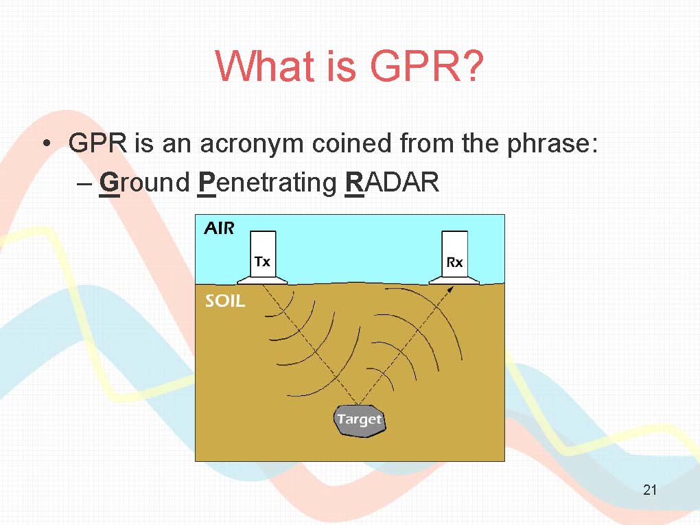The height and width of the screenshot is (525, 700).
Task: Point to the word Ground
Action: (145, 182)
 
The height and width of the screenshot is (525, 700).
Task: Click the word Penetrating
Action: (268, 183)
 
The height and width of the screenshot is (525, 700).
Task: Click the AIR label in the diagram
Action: (219, 228)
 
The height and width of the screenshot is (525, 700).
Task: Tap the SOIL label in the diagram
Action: (225, 301)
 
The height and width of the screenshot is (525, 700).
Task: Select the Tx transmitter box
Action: (262, 254)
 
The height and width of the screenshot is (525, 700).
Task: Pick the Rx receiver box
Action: (454, 255)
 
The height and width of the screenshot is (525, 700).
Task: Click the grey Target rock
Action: (360, 420)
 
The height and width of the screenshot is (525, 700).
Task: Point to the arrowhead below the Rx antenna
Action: (450, 290)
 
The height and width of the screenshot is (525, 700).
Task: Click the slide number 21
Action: (649, 490)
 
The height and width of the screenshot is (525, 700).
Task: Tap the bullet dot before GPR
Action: (47, 143)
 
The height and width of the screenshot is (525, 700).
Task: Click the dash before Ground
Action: (84, 184)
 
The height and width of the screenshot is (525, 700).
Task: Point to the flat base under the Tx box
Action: (262, 280)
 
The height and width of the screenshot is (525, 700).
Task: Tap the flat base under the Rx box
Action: (454, 280)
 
